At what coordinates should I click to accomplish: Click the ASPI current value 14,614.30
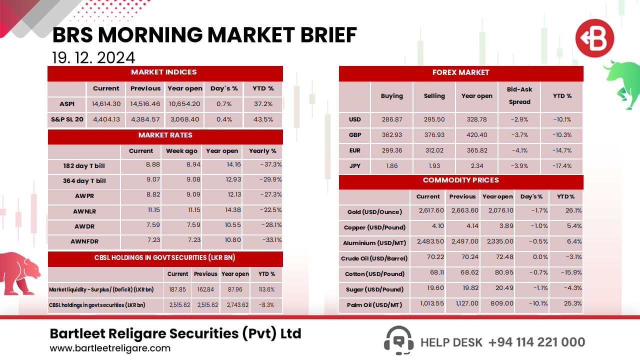[106, 104]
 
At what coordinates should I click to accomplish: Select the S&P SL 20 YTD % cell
[263, 119]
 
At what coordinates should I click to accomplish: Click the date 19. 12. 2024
[93, 57]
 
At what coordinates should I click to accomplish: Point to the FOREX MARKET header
[460, 72]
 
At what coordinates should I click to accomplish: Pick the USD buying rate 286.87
[391, 119]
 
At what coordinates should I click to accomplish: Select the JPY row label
[354, 166]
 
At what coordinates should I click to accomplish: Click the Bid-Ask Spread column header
[520, 95]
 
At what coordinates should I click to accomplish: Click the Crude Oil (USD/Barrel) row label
[374, 258]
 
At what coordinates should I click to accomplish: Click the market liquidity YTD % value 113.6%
[266, 289]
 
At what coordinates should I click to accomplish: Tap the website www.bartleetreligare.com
[110, 348]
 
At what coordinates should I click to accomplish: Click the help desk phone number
[536, 342]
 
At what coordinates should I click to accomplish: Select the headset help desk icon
[398, 341]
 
